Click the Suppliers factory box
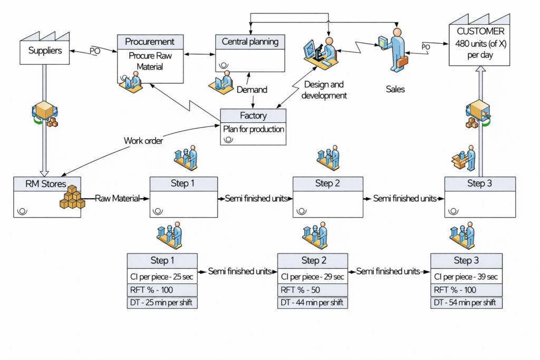pyautogui.click(x=45, y=51)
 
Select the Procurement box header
pyautogui.click(x=150, y=42)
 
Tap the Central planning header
pyautogui.click(x=250, y=42)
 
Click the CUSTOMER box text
pyautogui.click(x=479, y=43)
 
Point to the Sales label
pyautogui.click(x=395, y=89)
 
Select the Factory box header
pyautogui.click(x=253, y=115)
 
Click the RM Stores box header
pyautogui.click(x=47, y=184)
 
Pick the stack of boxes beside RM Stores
pyautogui.click(x=72, y=197)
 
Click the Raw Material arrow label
pyautogui.click(x=117, y=199)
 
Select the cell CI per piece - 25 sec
pyautogui.click(x=162, y=277)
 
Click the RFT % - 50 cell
pyautogui.click(x=312, y=290)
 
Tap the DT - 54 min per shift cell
pyautogui.click(x=466, y=303)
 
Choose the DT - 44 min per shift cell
pyautogui.click(x=312, y=303)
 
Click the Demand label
pyautogui.click(x=252, y=90)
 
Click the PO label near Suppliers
pyautogui.click(x=94, y=51)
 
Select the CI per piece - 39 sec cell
pyautogui.click(x=466, y=277)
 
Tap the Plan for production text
pyautogui.click(x=253, y=129)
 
